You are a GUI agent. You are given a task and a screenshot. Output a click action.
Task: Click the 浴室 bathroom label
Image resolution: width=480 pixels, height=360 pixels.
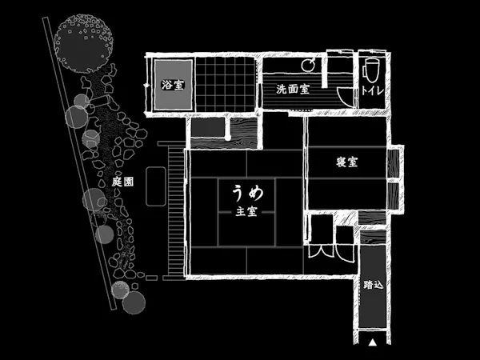pos(173,85)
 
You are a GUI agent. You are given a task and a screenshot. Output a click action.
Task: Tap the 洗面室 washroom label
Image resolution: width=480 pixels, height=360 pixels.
pos(293,89)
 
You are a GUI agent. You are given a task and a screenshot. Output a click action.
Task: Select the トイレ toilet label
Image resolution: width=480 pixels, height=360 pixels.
pos(373,90)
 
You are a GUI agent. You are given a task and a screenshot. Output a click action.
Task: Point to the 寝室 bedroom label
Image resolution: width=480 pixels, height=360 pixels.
pos(347,162)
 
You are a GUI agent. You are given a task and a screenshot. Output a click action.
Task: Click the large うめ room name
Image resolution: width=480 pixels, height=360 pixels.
pos(248,194)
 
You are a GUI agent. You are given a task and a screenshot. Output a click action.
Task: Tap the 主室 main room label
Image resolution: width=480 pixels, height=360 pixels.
pos(246,211)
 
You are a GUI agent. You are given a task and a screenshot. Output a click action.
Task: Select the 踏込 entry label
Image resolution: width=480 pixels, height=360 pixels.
pos(373,285)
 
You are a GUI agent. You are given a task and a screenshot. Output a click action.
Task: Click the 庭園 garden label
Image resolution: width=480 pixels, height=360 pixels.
pos(122,182)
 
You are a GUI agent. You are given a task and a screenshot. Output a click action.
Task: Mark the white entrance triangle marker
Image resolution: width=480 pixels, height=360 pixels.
pos(372,342)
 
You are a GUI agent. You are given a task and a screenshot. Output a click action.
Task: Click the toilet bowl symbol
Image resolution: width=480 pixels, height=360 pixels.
pos(371,70)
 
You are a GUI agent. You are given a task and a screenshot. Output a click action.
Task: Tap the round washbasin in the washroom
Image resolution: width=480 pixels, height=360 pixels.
pos(307,65)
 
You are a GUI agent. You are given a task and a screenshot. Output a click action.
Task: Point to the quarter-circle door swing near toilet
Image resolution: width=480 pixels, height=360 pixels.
pos(346,96)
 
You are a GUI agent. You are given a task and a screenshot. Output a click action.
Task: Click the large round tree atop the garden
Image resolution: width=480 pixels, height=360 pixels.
pos(83,43)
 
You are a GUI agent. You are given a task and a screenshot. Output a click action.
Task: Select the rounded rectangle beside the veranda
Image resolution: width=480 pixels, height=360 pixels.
pos(156,186)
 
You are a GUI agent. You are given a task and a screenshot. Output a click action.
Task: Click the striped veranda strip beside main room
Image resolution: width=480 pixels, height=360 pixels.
pos(177,211)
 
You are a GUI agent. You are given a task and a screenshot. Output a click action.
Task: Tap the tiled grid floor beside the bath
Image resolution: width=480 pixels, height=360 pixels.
pos(226,85)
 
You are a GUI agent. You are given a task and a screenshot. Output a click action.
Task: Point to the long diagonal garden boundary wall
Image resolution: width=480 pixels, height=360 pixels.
pos(79,163)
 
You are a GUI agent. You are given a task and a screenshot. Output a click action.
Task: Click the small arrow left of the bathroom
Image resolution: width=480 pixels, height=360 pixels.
pos(147,86)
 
